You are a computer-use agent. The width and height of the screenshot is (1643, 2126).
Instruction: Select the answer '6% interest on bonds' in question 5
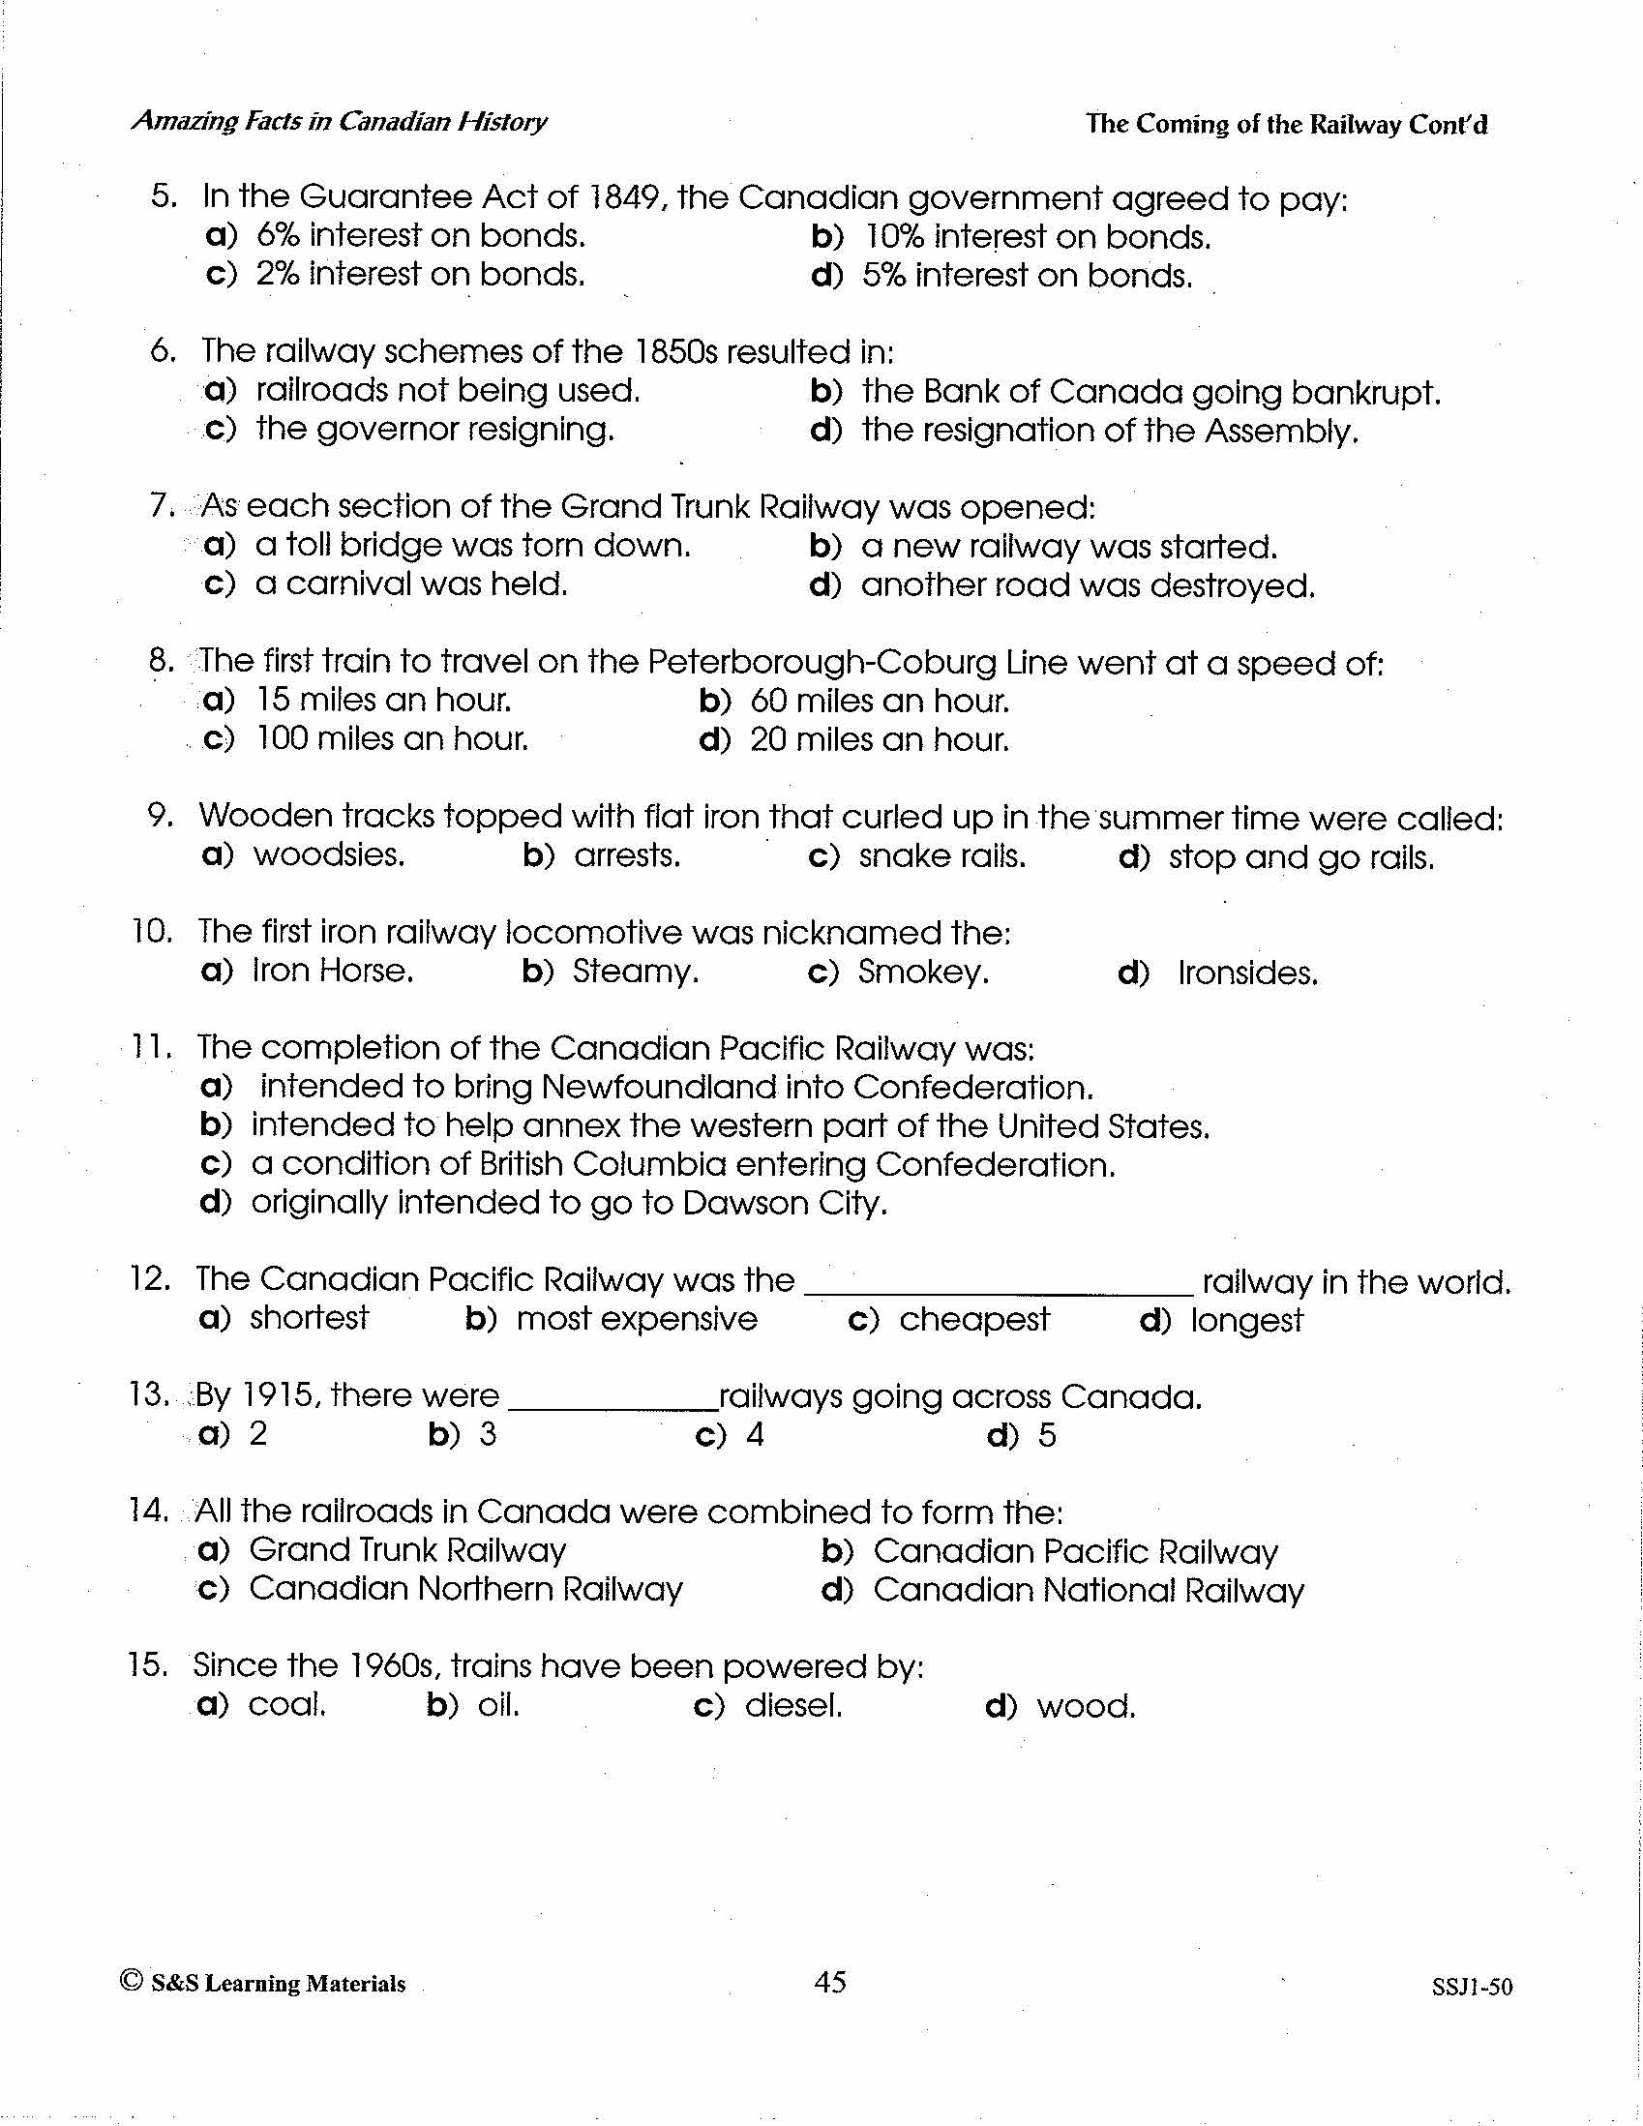[x=421, y=235]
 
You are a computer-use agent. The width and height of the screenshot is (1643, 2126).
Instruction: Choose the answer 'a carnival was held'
[x=410, y=584]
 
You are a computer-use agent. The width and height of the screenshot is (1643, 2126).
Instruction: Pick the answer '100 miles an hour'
[x=391, y=739]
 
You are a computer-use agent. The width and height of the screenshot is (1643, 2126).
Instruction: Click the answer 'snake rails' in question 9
[x=941, y=855]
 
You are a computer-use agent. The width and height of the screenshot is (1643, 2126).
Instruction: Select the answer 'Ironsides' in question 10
[x=1247, y=973]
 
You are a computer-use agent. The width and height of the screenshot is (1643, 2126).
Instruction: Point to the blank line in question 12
[x=999, y=1291]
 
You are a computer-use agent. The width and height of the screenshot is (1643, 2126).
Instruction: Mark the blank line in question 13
[x=613, y=1407]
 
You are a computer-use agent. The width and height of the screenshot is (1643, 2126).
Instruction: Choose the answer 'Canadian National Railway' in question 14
[x=1088, y=1590]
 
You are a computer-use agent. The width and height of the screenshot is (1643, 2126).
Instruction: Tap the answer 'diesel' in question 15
[x=793, y=1705]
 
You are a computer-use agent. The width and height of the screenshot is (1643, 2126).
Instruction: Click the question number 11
[x=152, y=1047]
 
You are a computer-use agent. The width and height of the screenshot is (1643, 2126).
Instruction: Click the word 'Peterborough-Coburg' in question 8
[x=821, y=663]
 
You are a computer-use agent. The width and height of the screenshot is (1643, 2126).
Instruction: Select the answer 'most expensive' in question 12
[x=637, y=1319]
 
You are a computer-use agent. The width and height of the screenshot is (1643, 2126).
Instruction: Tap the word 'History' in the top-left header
[x=502, y=122]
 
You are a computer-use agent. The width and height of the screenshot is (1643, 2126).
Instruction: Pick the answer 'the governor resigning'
[x=434, y=429]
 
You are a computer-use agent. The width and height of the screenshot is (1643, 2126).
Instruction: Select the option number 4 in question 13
[x=755, y=1434]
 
